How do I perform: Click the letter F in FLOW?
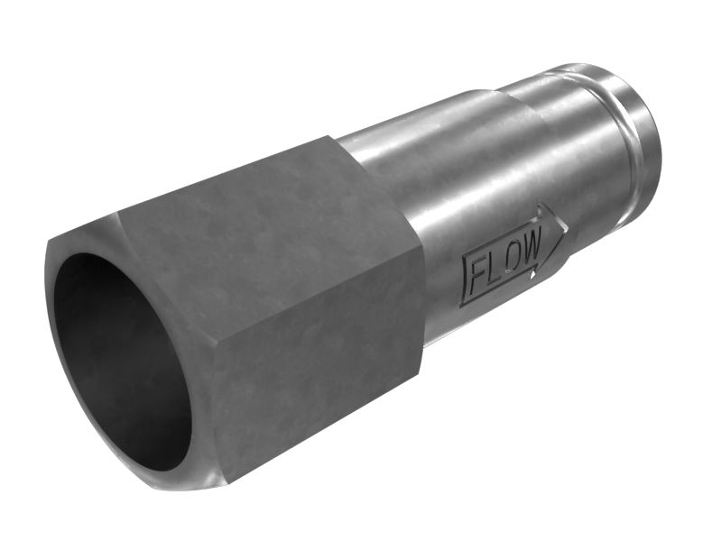(479, 279)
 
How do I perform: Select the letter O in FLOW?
(513, 260)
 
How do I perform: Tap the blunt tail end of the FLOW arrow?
(463, 280)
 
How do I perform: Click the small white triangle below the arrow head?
(532, 275)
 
